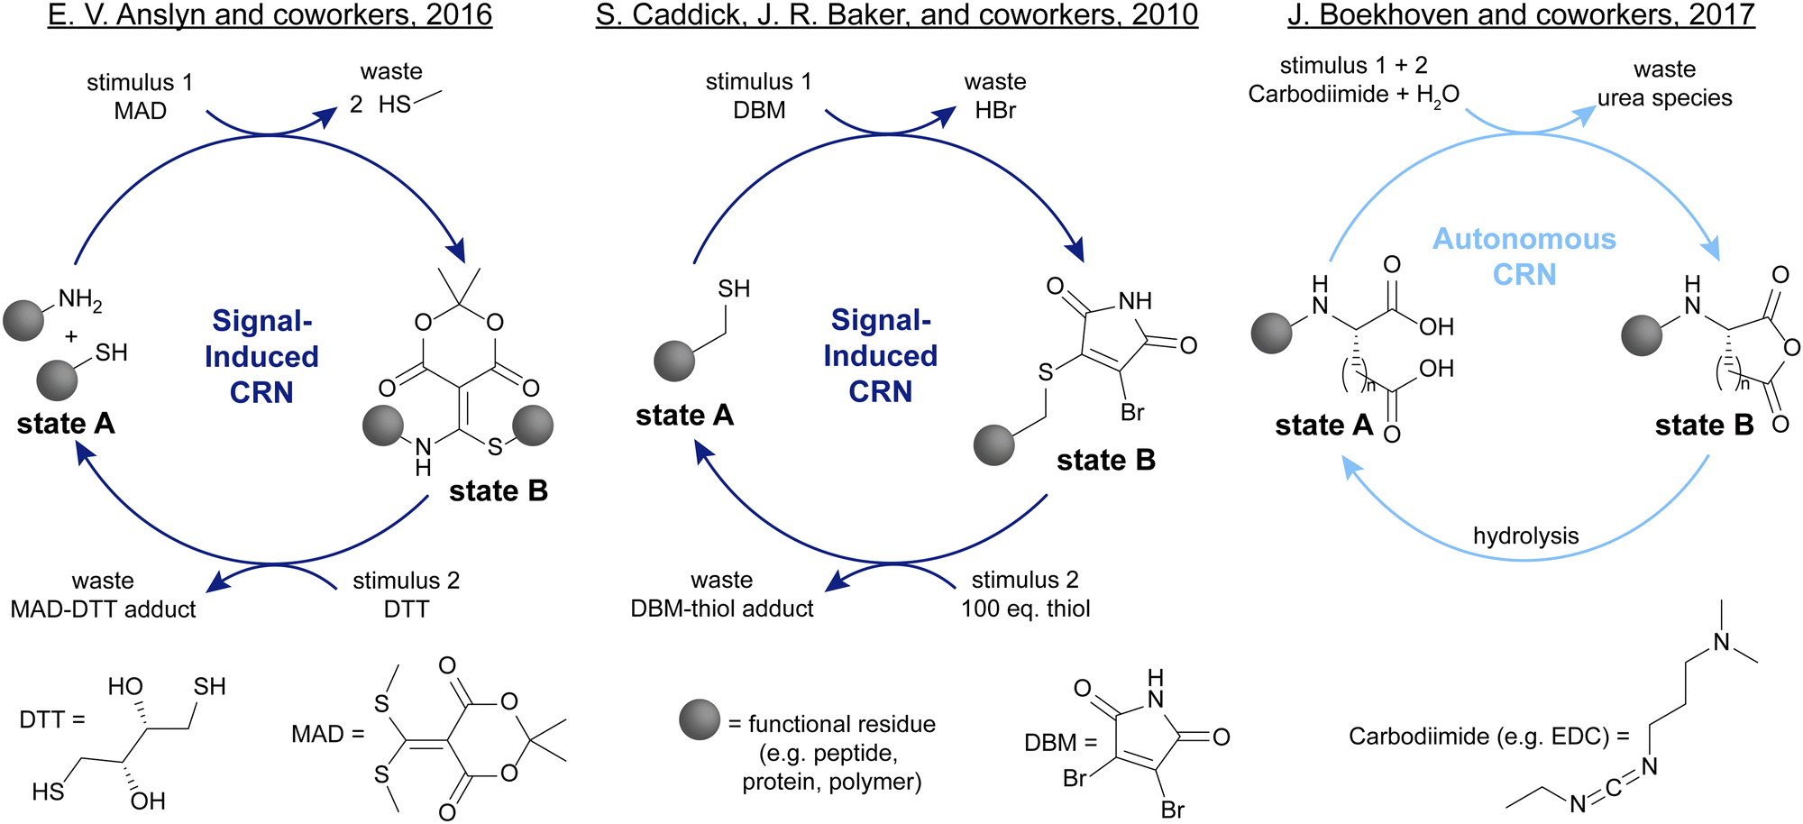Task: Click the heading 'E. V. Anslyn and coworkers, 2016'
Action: coord(270,15)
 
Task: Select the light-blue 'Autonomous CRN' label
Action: coord(1524,256)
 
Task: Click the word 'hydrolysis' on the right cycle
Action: coord(1525,536)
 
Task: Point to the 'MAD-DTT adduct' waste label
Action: coord(103,609)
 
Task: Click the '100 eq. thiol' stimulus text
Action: coord(1025,609)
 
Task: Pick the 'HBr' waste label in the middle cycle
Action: coord(995,110)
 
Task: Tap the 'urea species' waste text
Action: coord(1664,97)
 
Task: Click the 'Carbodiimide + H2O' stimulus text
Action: coord(1353,95)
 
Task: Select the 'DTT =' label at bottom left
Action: coord(52,719)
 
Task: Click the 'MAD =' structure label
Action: coord(327,734)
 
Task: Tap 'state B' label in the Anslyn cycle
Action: coord(499,490)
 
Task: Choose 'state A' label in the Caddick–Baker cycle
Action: coord(684,415)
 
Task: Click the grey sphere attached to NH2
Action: coord(23,320)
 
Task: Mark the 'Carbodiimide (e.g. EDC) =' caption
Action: coord(1488,737)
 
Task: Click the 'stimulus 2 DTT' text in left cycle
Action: coord(406,594)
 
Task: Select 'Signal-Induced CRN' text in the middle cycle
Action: coord(880,356)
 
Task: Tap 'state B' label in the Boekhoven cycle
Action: coord(1704,425)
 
